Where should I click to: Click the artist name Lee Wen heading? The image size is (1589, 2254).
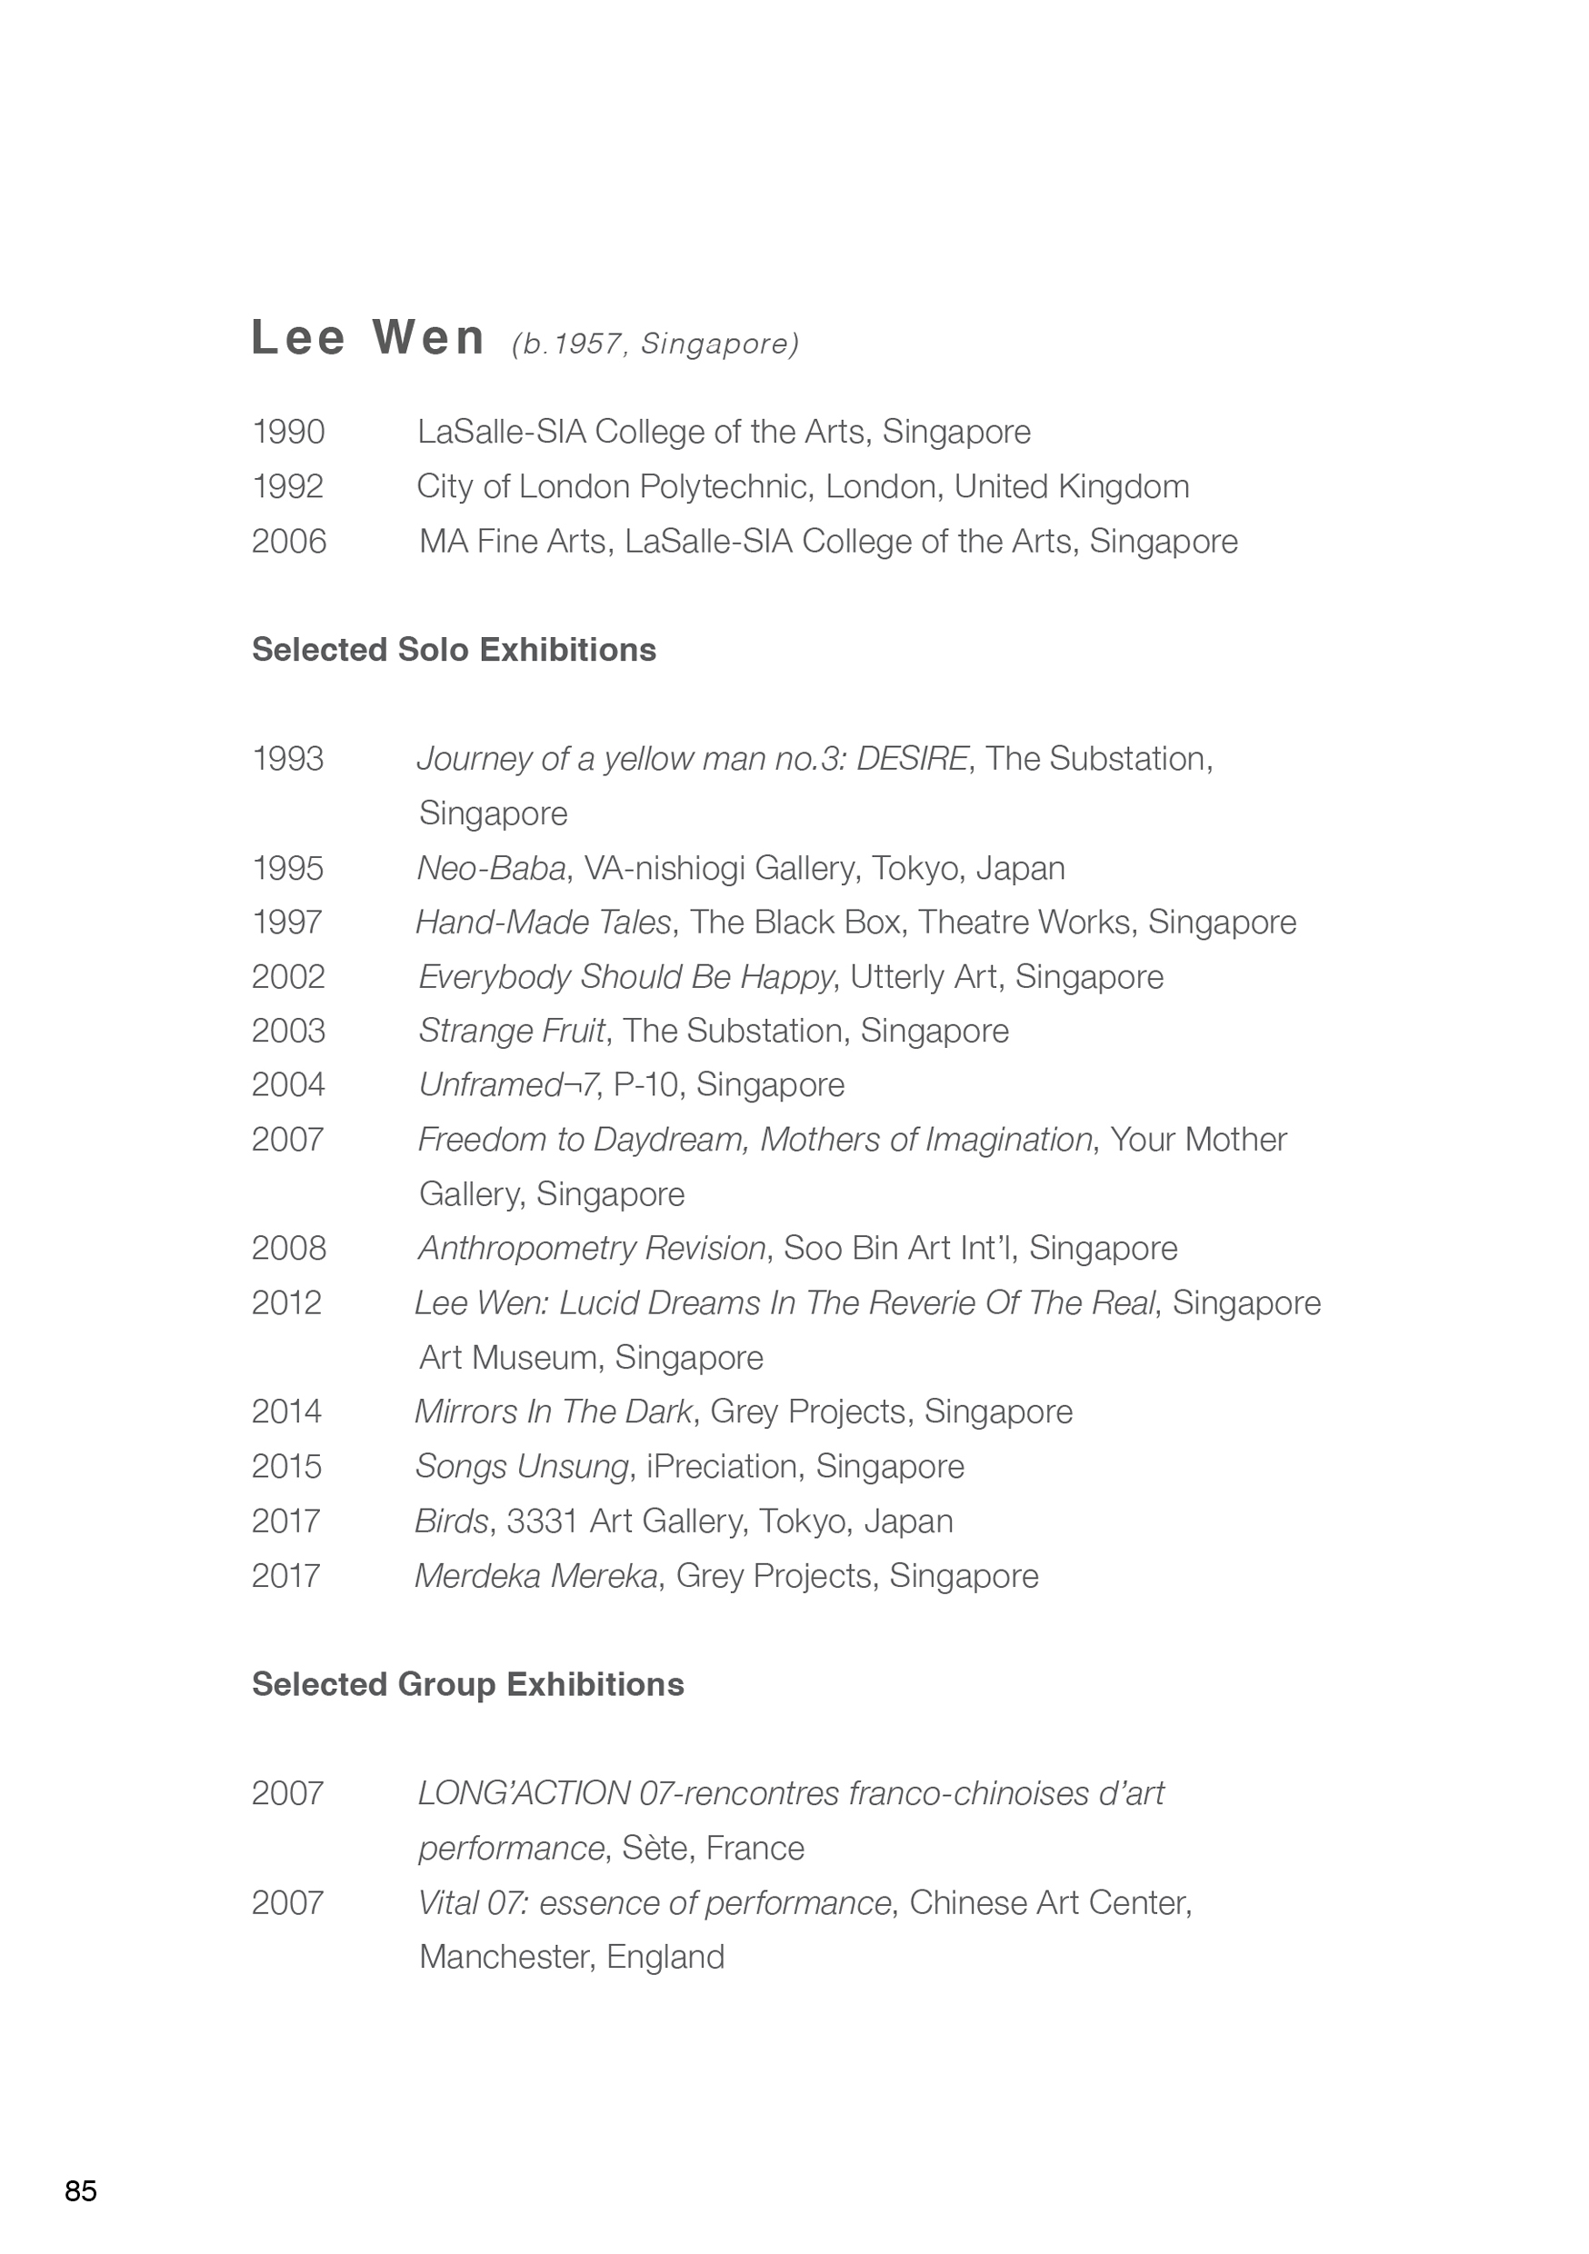(368, 338)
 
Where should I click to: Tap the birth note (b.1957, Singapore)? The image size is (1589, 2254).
(655, 344)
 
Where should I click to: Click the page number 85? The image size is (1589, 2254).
(81, 2191)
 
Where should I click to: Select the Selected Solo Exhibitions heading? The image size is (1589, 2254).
(454, 650)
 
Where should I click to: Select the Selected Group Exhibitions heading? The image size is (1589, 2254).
(467, 1685)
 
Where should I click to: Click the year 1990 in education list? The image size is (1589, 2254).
(288, 432)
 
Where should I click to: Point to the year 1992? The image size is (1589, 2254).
(288, 487)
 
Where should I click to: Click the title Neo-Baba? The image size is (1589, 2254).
(491, 868)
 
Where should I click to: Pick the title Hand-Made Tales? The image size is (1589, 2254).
(543, 923)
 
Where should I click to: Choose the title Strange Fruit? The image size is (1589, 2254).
(512, 1031)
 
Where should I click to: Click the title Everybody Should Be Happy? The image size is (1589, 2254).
(625, 977)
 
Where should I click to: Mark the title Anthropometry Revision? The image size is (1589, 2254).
(592, 1248)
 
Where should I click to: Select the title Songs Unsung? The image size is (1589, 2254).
(522, 1467)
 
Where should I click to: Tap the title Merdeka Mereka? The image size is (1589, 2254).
(536, 1576)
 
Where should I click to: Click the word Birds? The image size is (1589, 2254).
(451, 1521)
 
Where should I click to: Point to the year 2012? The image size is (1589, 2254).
(285, 1302)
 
